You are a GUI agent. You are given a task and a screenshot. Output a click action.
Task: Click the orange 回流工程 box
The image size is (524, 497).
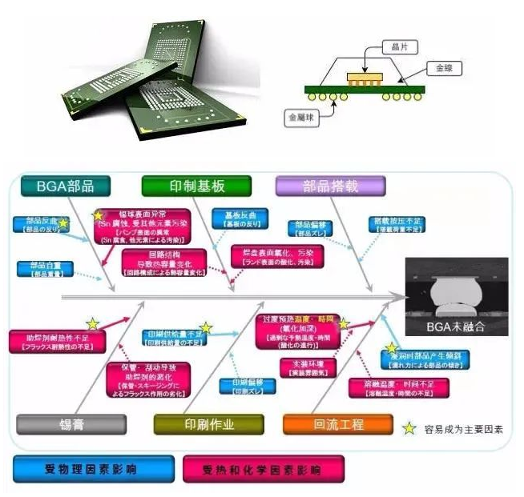pos(337,424)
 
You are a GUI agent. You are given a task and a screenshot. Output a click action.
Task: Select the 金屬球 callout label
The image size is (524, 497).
pos(302,117)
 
